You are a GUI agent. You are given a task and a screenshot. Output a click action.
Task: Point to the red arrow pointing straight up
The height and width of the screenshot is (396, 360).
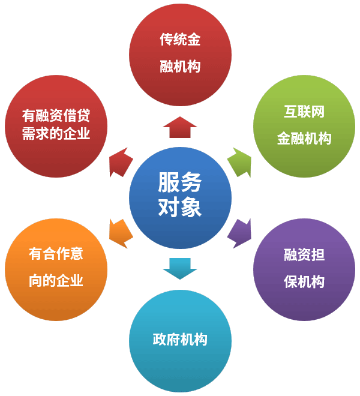coord(180,128)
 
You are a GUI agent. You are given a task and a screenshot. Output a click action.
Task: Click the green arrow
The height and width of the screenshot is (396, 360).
coord(239,162)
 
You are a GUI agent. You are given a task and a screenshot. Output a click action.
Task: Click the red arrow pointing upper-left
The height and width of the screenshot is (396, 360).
coord(121,162)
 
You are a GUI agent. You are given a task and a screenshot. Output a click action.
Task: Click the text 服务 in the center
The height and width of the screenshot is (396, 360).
coord(180,182)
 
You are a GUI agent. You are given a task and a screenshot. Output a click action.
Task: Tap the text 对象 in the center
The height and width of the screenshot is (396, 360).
coord(180,208)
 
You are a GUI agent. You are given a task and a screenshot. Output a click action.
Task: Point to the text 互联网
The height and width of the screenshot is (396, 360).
coord(304,112)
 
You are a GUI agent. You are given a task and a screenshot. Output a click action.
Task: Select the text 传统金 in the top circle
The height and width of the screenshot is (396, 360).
coord(180,40)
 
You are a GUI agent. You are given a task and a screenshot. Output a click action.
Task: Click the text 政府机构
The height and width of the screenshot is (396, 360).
coord(180,340)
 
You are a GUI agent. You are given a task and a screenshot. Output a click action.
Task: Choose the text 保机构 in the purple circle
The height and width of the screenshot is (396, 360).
coord(304,281)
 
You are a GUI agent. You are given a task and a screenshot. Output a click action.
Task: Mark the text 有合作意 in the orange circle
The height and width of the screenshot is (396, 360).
coord(56,254)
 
